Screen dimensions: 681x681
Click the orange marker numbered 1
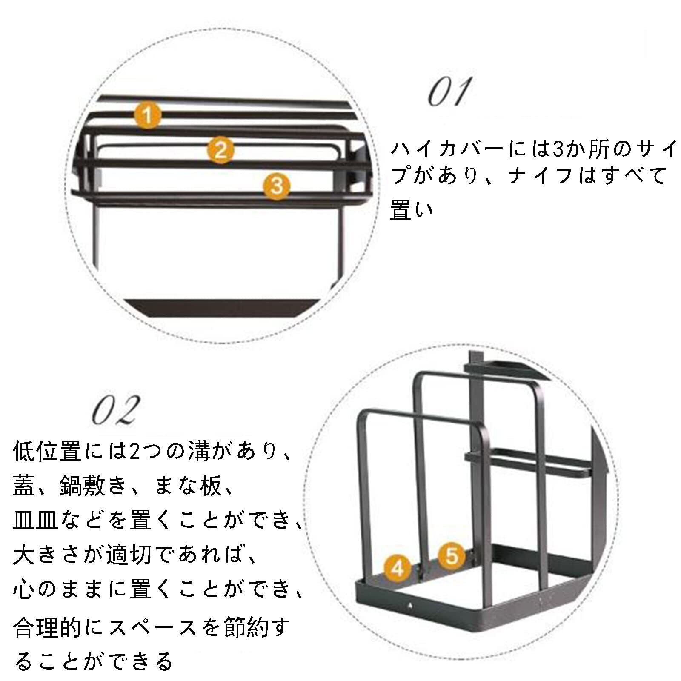tap(147, 115)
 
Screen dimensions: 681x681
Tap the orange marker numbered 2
tap(220, 150)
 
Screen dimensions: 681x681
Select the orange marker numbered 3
tap(277, 186)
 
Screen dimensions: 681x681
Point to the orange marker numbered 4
tap(397, 568)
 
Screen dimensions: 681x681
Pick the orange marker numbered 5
tap(452, 555)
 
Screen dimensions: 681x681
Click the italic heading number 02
tap(115, 410)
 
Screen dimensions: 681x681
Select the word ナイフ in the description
tap(541, 176)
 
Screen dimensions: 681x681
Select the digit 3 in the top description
tap(558, 149)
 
